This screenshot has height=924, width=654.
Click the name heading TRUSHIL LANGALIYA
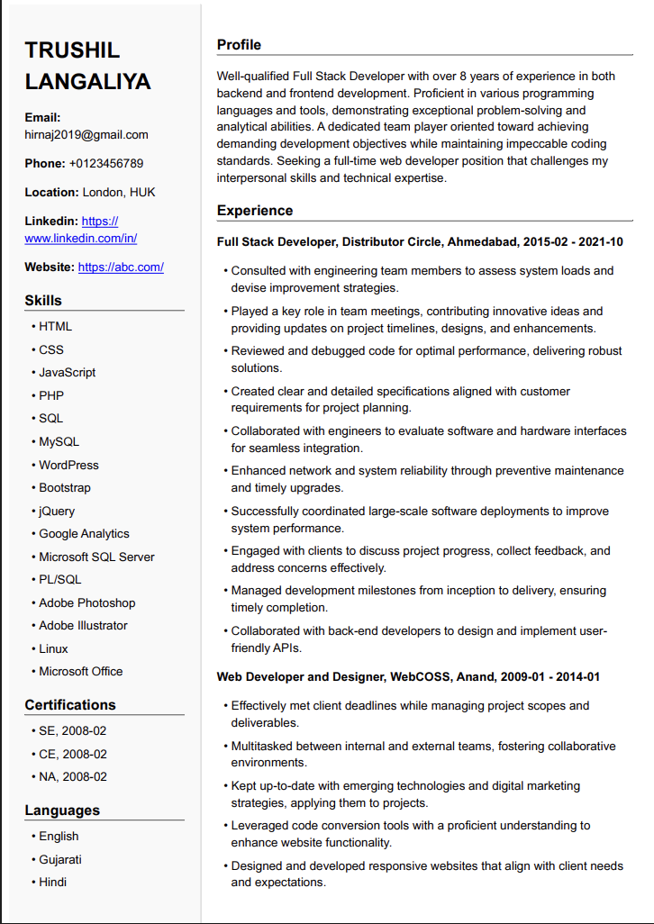pyautogui.click(x=87, y=66)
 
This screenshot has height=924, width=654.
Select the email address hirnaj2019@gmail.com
pyautogui.click(x=86, y=135)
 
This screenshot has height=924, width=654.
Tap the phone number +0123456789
pyautogui.click(x=105, y=164)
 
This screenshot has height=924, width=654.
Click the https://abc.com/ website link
pyautogui.click(x=121, y=267)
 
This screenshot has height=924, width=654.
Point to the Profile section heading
pyautogui.click(x=239, y=45)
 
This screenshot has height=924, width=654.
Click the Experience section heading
pyautogui.click(x=255, y=211)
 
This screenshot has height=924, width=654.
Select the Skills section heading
pyautogui.click(x=43, y=301)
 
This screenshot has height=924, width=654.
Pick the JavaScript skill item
pyautogui.click(x=67, y=373)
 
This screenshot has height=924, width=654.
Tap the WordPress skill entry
pyautogui.click(x=68, y=466)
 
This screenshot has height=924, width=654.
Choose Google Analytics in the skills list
pyautogui.click(x=84, y=534)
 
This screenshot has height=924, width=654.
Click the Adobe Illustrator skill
pyautogui.click(x=83, y=626)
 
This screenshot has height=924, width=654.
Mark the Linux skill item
pyautogui.click(x=53, y=649)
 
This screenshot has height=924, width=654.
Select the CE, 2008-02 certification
pyautogui.click(x=72, y=755)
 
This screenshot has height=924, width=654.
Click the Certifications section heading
pyautogui.click(x=70, y=705)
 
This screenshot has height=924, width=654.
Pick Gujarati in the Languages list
pyautogui.click(x=59, y=860)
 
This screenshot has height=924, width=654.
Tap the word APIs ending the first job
pyautogui.click(x=284, y=648)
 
